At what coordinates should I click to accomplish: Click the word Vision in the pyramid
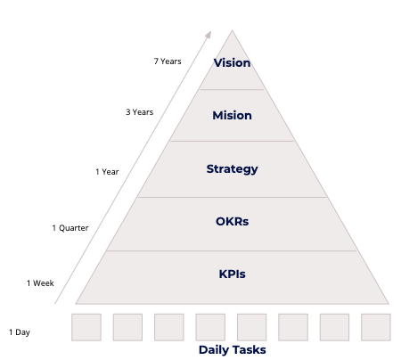(232, 62)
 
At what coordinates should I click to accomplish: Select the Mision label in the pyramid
(232, 115)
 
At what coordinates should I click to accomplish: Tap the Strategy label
(232, 169)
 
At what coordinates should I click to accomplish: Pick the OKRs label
(232, 221)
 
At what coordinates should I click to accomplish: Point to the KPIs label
(232, 274)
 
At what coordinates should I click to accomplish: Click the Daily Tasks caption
(232, 349)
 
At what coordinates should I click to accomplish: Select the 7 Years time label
(168, 61)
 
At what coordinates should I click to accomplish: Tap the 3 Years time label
(140, 112)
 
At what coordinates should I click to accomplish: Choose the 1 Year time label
(107, 172)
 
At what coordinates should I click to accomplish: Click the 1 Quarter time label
(70, 228)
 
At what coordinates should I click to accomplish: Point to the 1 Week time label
(40, 283)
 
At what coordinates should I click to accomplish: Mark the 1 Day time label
(20, 332)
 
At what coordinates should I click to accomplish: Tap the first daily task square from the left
(86, 327)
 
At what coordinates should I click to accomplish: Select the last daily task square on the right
(376, 327)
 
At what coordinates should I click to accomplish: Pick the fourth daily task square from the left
(210, 327)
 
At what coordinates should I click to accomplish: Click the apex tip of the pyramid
(233, 30)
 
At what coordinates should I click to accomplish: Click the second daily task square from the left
(127, 327)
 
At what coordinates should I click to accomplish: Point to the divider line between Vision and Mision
(232, 89)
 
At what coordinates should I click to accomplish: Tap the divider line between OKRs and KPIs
(232, 250)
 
